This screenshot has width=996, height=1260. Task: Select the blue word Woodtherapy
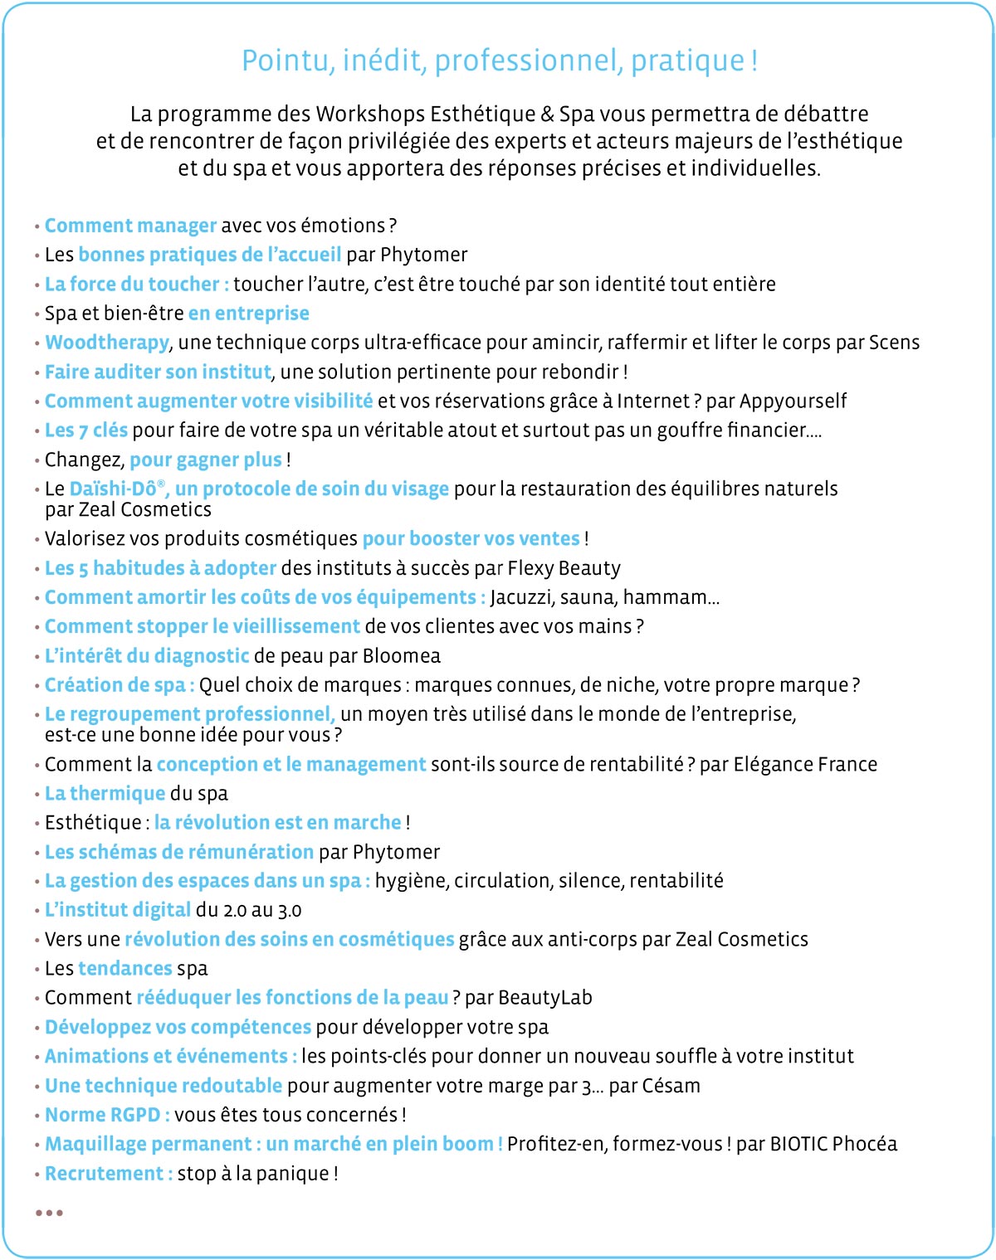pyautogui.click(x=107, y=343)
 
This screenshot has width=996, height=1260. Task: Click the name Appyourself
pyautogui.click(x=793, y=401)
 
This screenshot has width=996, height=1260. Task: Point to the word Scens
pyautogui.click(x=894, y=343)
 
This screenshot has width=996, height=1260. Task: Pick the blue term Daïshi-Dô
pyautogui.click(x=112, y=489)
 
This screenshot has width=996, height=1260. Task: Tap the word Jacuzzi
pyautogui.click(x=523, y=598)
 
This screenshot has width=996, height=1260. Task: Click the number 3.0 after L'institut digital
pyautogui.click(x=290, y=911)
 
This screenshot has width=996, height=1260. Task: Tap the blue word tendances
pyautogui.click(x=125, y=969)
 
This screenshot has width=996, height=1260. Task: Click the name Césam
pyautogui.click(x=671, y=1086)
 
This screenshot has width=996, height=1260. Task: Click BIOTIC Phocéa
pyautogui.click(x=833, y=1145)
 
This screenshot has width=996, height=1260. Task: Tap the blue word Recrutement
pyautogui.click(x=105, y=1174)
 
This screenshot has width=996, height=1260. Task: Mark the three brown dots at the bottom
pyautogui.click(x=49, y=1213)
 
